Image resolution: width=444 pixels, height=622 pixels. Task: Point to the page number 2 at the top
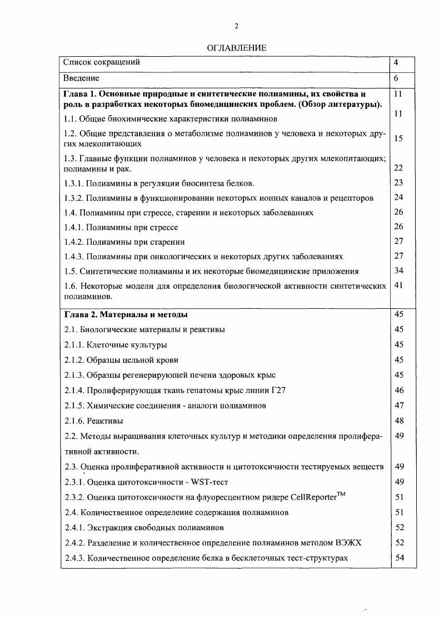tap(237, 26)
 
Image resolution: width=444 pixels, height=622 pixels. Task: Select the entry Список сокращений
tap(102, 62)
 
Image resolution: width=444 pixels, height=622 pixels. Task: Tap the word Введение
tap(82, 78)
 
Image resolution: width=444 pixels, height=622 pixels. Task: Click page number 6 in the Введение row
tap(396, 78)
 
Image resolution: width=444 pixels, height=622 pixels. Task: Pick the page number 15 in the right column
tap(398, 138)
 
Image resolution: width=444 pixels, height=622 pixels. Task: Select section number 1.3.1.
tap(75, 183)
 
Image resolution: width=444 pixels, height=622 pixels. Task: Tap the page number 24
tap(398, 197)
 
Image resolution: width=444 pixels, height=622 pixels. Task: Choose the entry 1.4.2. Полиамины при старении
tap(124, 242)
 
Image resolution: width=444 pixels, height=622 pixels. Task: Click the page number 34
tap(398, 271)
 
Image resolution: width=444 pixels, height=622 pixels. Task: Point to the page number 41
tap(398, 285)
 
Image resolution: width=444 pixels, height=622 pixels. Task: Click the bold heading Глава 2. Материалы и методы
tap(126, 314)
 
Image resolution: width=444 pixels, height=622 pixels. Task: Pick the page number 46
tap(399, 391)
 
